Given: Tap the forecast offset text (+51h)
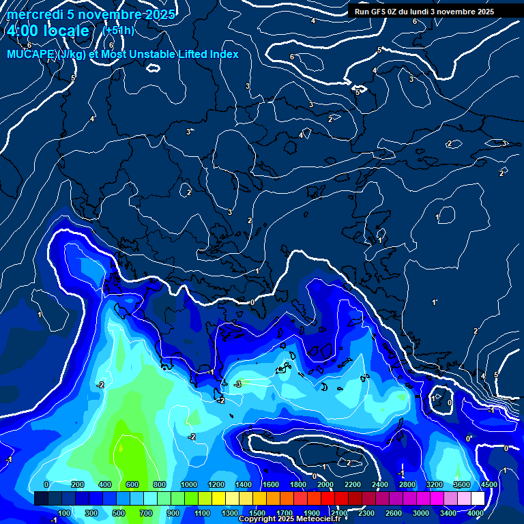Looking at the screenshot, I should (x=118, y=30).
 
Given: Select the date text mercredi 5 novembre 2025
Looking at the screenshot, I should (x=91, y=14).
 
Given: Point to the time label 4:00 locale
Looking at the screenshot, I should (x=48, y=31).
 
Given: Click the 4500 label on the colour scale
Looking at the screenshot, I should (x=488, y=484).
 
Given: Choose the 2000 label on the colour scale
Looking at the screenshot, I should (x=325, y=484).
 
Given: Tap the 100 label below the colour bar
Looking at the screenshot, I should (x=64, y=513).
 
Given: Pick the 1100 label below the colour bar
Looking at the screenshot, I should (x=202, y=513).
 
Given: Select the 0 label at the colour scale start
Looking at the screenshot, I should (x=46, y=484).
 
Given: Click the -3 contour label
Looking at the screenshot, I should (x=237, y=385).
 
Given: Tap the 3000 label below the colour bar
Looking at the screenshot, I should (x=421, y=513).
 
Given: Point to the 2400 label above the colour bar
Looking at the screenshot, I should (x=380, y=484).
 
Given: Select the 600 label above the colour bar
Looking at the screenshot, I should (x=132, y=484).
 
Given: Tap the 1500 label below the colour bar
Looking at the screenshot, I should (x=257, y=513).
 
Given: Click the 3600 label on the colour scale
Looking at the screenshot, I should (x=462, y=484).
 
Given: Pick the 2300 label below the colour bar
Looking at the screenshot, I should (x=366, y=513).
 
